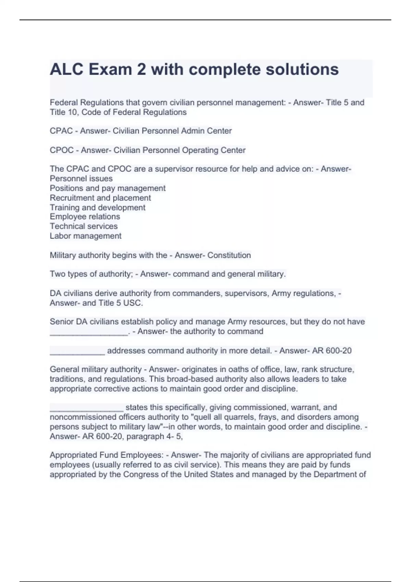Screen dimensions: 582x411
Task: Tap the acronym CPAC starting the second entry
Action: (61, 131)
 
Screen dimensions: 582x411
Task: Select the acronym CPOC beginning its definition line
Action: (61, 150)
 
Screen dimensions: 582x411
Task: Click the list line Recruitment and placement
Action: (100, 198)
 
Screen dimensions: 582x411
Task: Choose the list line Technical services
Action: (84, 226)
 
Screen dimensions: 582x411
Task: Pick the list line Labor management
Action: (85, 236)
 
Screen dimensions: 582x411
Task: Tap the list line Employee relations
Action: (85, 217)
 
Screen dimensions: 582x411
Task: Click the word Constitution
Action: (229, 255)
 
